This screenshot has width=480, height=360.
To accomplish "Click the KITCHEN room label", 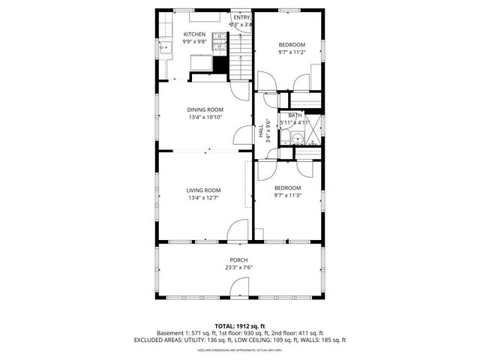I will [x=194, y=34].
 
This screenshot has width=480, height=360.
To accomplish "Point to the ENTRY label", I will [x=241, y=17].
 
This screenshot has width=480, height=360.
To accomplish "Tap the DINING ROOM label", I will [x=205, y=110].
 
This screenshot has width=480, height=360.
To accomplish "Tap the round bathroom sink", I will [x=298, y=137].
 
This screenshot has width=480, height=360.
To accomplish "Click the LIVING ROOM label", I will [x=203, y=190].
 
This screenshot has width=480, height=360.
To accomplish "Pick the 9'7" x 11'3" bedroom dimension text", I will [x=287, y=196].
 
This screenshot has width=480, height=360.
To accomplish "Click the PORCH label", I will [x=238, y=260].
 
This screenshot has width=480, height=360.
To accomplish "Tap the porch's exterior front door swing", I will [x=240, y=286].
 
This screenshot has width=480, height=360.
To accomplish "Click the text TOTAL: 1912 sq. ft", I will [x=239, y=326].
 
